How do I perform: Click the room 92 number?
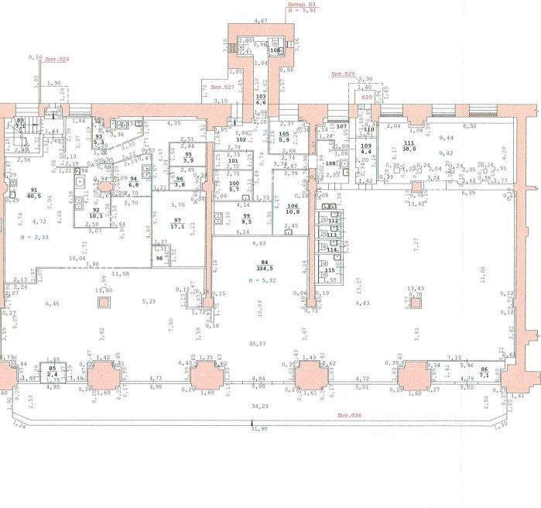96,210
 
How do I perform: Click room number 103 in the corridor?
261,96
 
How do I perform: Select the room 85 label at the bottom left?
53,368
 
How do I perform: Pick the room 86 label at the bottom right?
485,371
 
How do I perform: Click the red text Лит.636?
351,416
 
